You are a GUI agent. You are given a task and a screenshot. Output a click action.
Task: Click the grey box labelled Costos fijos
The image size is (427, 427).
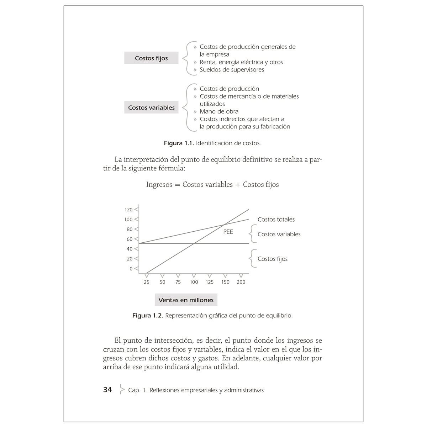(151, 58)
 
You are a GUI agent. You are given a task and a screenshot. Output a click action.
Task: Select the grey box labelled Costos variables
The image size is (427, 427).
(151, 107)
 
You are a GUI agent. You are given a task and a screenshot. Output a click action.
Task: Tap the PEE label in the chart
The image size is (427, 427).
(228, 232)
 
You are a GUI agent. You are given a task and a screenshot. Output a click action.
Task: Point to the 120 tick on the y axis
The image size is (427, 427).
(129, 210)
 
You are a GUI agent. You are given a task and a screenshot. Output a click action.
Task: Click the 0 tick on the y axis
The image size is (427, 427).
(131, 269)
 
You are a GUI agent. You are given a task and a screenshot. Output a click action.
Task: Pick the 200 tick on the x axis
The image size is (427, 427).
(241, 282)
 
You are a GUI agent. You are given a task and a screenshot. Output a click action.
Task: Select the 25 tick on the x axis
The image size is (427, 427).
(147, 282)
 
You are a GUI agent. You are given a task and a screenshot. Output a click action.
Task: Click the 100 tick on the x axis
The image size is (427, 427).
(194, 282)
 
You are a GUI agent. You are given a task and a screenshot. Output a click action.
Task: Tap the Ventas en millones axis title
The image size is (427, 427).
(186, 300)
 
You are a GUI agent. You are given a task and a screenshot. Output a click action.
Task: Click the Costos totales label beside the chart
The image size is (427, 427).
(276, 220)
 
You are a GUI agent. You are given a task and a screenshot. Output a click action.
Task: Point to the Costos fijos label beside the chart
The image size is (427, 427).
(273, 259)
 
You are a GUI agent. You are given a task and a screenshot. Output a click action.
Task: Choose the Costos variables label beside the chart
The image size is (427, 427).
(279, 234)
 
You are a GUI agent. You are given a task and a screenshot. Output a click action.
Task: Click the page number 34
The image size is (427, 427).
(107, 390)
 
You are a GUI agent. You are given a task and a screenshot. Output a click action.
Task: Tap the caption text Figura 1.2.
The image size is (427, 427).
(148, 315)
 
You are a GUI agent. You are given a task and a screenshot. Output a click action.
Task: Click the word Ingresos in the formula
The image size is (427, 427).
(159, 185)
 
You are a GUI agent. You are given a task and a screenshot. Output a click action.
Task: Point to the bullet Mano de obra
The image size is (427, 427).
(219, 111)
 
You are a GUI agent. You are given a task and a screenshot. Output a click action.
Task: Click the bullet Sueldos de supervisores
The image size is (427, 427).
(232, 69)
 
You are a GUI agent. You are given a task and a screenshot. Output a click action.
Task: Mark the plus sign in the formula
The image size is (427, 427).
(238, 185)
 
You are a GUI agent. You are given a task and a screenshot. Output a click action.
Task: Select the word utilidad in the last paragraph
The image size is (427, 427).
(225, 367)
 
